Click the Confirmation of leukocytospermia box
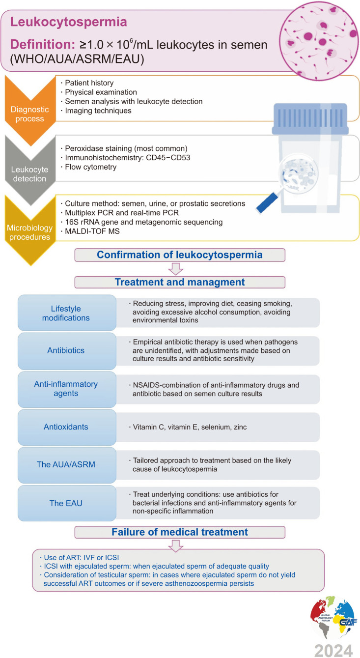tap(180, 255)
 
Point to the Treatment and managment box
tap(180, 282)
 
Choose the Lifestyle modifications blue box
tap(66, 313)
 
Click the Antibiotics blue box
tap(66, 351)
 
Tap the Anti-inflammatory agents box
tap(66, 389)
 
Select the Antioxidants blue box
tap(66, 427)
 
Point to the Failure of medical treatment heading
tap(180, 532)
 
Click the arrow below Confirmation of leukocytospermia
tap(175, 269)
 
